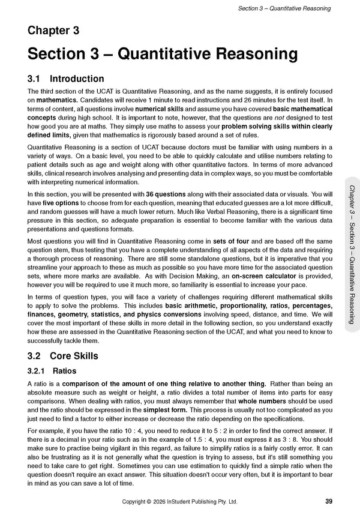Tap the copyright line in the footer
pos(179,501)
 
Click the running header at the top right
pos(284,8)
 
